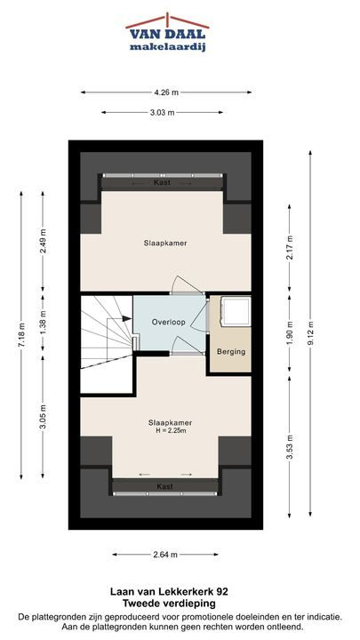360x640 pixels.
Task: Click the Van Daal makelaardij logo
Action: click(167, 33)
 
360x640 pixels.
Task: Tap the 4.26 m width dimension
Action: click(166, 92)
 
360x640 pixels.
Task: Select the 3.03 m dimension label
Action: click(162, 113)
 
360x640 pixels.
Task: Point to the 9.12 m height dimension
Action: click(310, 333)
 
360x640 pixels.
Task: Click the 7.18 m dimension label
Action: click(21, 335)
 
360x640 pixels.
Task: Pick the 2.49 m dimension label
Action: click(43, 241)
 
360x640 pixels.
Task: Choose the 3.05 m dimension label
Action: click(43, 417)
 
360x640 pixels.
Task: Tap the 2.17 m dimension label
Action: click(290, 247)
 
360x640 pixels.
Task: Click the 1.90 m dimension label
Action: click(290, 332)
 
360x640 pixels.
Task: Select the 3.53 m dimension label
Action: click(290, 446)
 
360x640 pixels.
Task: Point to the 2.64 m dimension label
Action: click(165, 555)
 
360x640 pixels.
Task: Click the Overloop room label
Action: click(169, 322)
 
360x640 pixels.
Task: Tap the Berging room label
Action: click(231, 351)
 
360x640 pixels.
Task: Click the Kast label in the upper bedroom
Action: click(162, 182)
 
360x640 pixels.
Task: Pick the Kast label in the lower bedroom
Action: click(164, 486)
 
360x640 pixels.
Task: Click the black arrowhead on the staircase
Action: click(126, 318)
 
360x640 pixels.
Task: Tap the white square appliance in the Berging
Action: click(235, 311)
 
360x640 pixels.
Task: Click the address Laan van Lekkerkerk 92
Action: click(169, 591)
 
